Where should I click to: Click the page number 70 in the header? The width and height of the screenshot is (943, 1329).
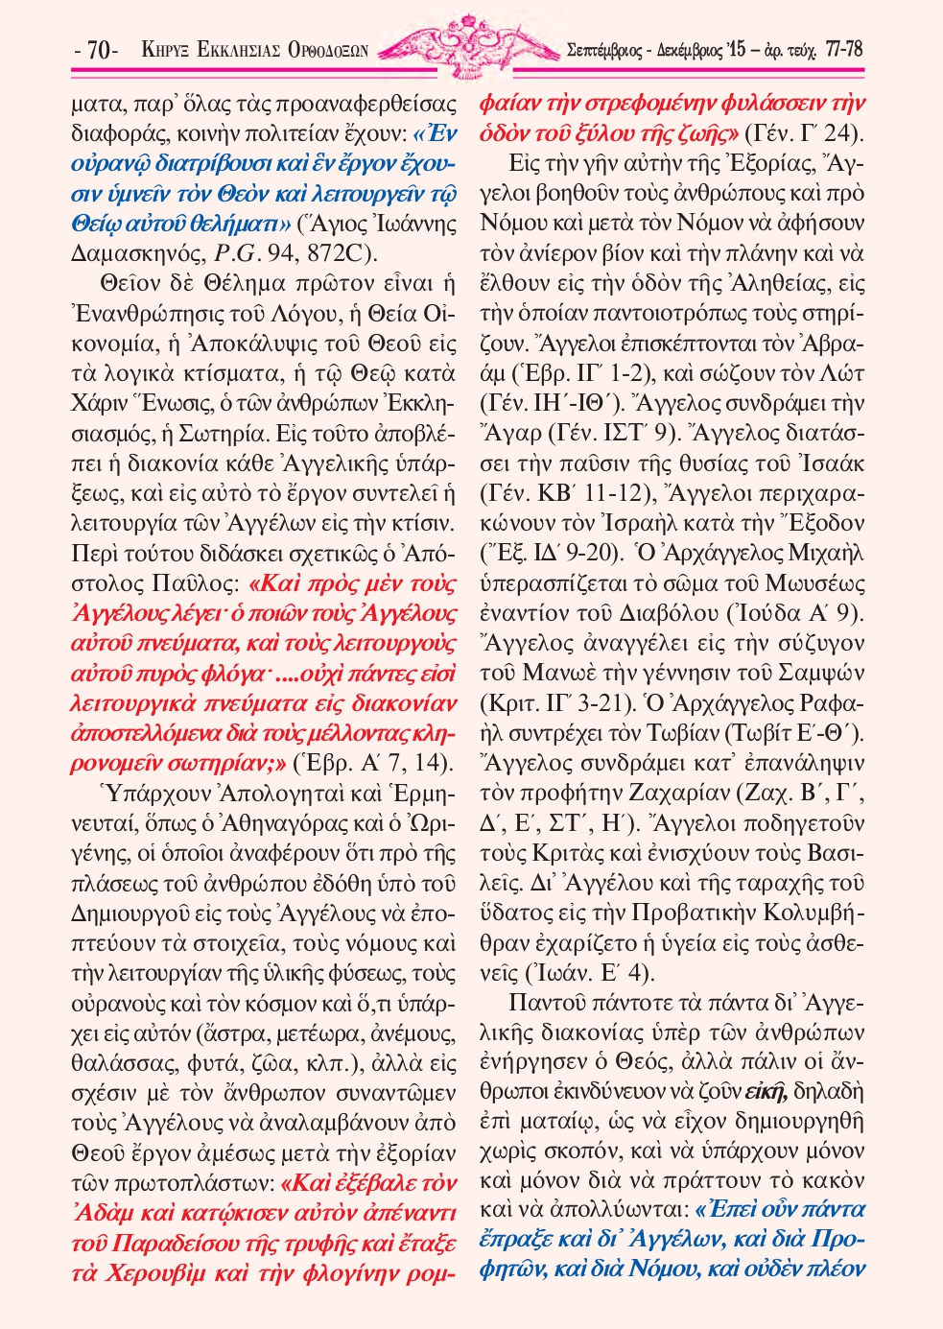(97, 50)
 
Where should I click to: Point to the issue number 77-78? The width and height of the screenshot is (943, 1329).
(843, 48)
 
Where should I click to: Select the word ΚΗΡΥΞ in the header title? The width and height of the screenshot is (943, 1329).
(163, 50)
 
